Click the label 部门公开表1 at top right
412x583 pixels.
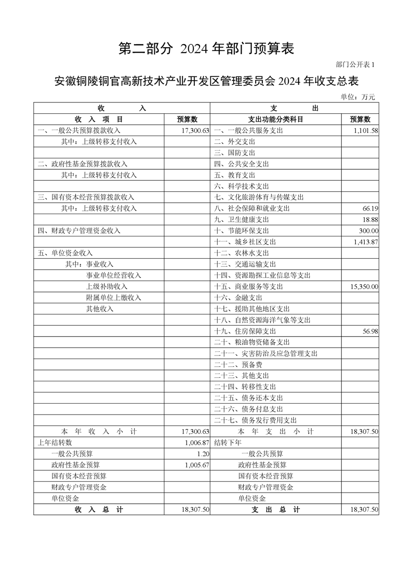[355, 64]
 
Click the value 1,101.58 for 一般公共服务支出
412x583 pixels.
[365, 131]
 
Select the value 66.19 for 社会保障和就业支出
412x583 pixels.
[370, 209]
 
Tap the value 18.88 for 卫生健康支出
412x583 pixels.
[370, 220]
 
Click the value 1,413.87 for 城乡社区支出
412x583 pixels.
[365, 242]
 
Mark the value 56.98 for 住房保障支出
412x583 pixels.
[370, 332]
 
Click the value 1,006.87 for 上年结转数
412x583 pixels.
[196, 443]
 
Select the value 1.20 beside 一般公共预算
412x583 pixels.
[203, 454]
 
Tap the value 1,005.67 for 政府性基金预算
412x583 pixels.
[196, 465]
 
